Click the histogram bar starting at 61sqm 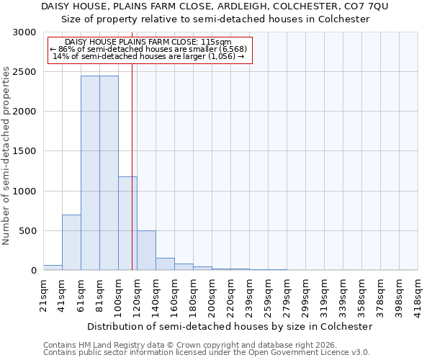pos(90,173)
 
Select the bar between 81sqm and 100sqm pos(109,173)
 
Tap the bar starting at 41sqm pos(71,242)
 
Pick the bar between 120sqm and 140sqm pos(146,250)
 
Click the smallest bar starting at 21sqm pos(53,267)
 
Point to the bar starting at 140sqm pos(165,264)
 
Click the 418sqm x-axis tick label pos(418,294)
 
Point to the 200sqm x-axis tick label pos(212,294)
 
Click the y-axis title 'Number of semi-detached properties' pos(6,156)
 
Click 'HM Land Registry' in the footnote pos(106,345)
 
